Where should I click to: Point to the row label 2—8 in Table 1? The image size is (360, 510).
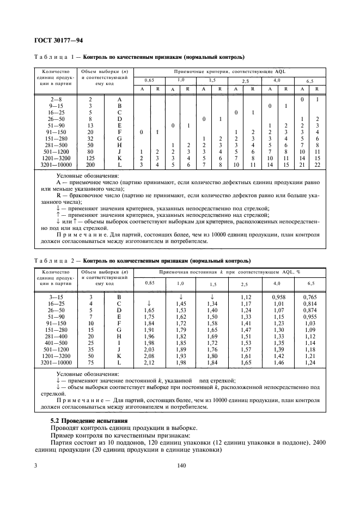pos(55,100)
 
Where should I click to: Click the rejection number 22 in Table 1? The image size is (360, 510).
pos(318,164)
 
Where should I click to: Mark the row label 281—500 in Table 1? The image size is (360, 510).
pos(55,144)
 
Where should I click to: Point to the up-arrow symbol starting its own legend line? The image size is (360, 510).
pos(59,215)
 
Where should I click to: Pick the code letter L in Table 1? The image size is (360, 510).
pos(119,164)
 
